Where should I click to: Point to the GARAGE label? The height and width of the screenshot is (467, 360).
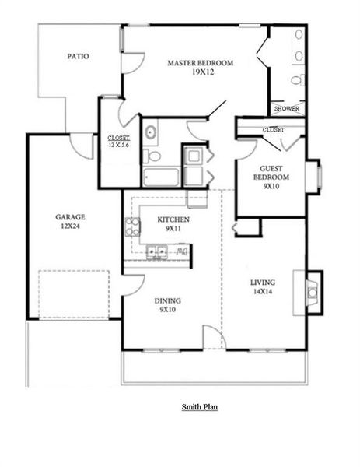70,217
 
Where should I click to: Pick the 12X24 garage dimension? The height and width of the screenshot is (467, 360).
70,227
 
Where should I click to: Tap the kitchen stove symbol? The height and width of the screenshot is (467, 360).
133,229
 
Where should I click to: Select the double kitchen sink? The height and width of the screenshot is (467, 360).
158,251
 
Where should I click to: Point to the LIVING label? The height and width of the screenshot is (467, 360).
263,282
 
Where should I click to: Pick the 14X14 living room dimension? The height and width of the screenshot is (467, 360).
263,292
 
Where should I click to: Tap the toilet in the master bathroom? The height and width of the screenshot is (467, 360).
298,80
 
